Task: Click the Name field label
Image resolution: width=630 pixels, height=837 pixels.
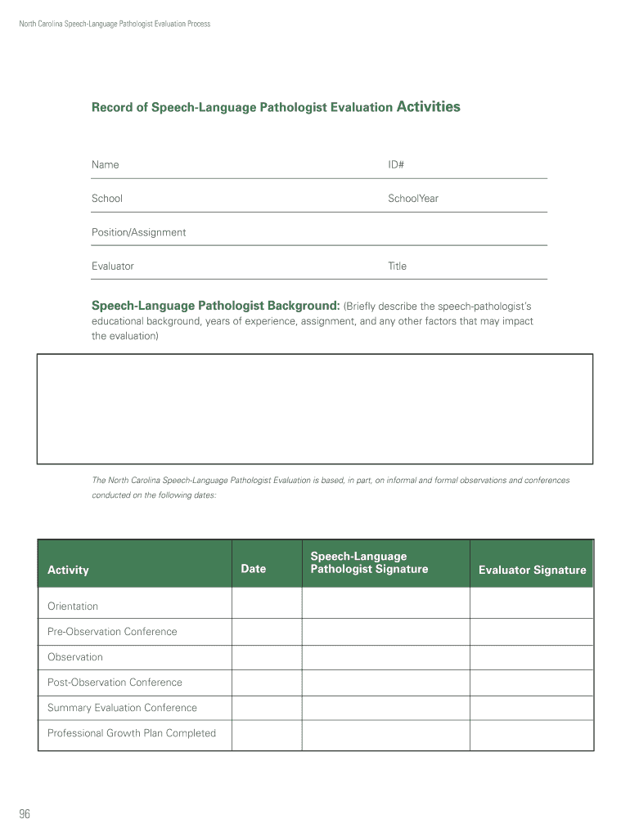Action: point(105,165)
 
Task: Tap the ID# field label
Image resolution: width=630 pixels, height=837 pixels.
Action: point(396,165)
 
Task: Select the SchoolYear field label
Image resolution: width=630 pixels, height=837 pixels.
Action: point(413,199)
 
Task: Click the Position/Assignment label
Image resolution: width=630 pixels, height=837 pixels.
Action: point(138,233)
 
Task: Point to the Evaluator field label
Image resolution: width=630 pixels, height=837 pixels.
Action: point(112,266)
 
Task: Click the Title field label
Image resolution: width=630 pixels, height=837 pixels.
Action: point(397,266)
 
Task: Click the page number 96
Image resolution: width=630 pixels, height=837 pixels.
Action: point(25,814)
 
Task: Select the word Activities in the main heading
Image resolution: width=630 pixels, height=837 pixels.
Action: point(428,107)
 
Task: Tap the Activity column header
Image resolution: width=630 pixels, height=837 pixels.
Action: point(68,571)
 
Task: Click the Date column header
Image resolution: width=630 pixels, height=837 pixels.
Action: point(253,569)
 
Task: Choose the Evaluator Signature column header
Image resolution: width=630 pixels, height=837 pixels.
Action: point(532,571)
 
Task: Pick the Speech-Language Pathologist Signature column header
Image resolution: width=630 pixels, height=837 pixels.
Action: point(369,563)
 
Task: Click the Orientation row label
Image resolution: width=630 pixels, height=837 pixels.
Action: point(73,606)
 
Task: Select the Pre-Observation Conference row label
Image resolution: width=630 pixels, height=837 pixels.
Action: point(112,632)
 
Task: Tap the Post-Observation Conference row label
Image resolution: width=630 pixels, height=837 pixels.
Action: point(115,683)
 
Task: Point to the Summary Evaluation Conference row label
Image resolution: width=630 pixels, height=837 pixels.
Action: point(122,708)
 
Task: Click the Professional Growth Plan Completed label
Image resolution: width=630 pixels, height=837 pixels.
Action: point(132,733)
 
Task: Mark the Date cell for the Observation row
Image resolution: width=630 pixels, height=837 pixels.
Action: point(267,657)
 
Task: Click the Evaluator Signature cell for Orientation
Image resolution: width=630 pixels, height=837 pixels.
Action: point(531,605)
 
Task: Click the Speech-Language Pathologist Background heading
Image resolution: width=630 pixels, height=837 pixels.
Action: point(215,306)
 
